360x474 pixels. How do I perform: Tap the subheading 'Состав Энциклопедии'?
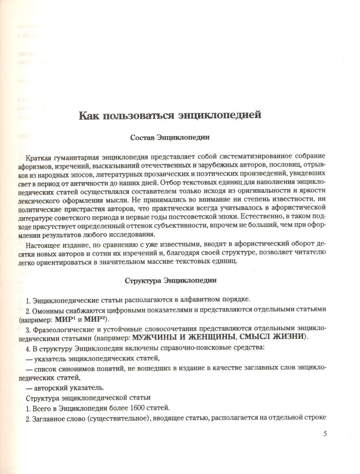[x=170, y=138]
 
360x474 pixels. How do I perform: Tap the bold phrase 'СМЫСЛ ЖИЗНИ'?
[x=271, y=337]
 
